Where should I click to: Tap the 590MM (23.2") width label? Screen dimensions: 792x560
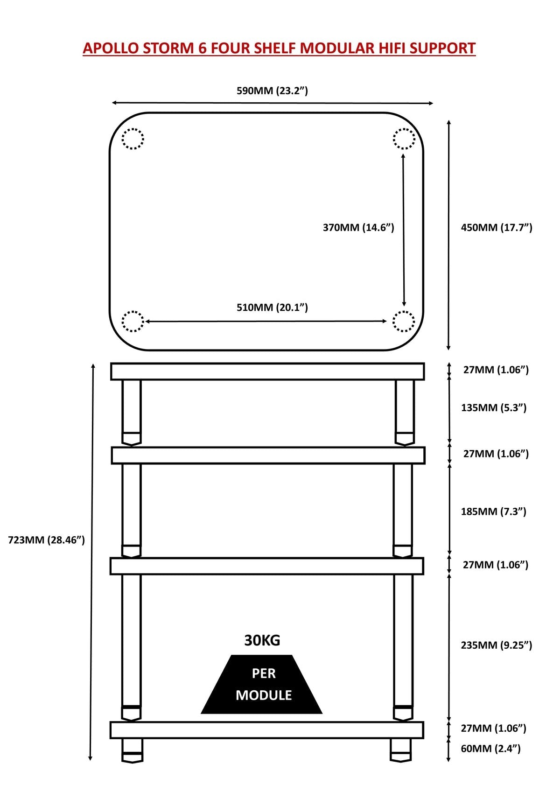(272, 91)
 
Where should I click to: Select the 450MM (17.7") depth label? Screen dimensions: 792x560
(497, 228)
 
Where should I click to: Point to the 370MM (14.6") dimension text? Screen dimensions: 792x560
(358, 228)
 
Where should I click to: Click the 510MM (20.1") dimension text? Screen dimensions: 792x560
(272, 308)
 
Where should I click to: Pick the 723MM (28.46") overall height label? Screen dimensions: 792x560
(47, 540)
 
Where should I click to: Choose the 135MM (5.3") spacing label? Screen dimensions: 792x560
(494, 408)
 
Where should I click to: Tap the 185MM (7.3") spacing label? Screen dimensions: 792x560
(494, 512)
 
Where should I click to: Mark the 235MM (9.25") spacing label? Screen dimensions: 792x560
(497, 645)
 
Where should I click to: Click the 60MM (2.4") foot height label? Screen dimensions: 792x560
(490, 749)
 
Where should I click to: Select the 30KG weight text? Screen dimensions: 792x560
(262, 641)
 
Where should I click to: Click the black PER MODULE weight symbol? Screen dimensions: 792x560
(262, 685)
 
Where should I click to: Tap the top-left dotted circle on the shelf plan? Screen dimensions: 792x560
(133, 139)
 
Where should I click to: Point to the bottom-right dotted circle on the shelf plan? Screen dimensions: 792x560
(404, 322)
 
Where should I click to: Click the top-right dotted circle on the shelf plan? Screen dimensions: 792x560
(404, 139)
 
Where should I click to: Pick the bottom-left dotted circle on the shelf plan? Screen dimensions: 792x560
(133, 322)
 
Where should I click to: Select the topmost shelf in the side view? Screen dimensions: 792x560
(267, 371)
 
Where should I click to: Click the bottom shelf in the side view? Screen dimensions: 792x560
(267, 730)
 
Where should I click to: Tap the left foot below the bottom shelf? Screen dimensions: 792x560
(132, 750)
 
